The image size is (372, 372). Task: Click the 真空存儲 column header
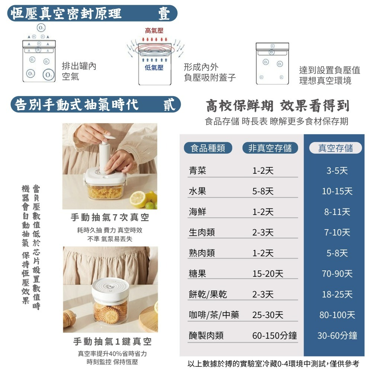click(x=335, y=148)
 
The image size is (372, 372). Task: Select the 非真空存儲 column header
click(x=270, y=148)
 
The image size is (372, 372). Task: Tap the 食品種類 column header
click(x=208, y=148)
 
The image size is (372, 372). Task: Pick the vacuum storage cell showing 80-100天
click(x=337, y=315)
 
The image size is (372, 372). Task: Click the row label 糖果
click(x=198, y=274)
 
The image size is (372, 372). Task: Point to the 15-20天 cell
click(x=267, y=274)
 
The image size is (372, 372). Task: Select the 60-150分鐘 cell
click(x=275, y=336)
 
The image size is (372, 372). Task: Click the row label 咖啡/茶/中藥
click(x=214, y=315)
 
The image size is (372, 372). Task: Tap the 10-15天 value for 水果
click(x=337, y=191)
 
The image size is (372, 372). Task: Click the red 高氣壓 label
click(x=154, y=31)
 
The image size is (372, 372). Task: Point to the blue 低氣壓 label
click(x=154, y=68)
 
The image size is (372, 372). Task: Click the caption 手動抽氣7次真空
click(x=110, y=217)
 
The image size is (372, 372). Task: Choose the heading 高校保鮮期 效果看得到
click(x=278, y=106)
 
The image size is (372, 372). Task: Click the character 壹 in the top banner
click(x=164, y=13)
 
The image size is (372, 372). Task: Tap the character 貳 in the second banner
click(x=169, y=105)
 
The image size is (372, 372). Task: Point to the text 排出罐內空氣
click(x=79, y=71)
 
